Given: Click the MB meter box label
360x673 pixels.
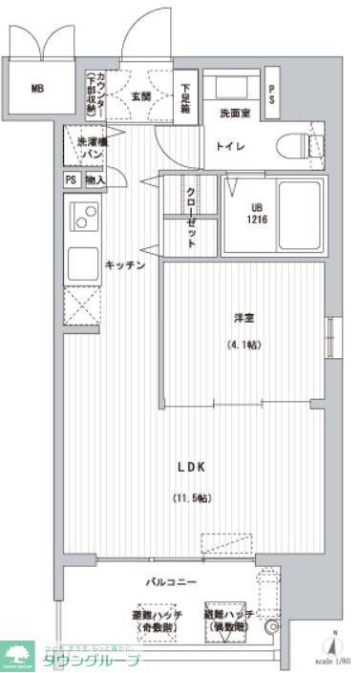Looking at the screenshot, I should tap(37, 90).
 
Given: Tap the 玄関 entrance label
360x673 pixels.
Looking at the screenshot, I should tap(141, 95).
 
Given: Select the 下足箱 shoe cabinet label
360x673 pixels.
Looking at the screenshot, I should tap(185, 95).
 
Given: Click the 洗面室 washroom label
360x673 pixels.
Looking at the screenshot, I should tap(234, 114).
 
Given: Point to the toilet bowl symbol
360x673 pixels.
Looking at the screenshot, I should tap(299, 147).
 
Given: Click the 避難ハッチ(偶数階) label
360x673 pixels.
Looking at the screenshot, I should tap(228, 622).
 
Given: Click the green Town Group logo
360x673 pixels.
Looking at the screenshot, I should tap(19, 655).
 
